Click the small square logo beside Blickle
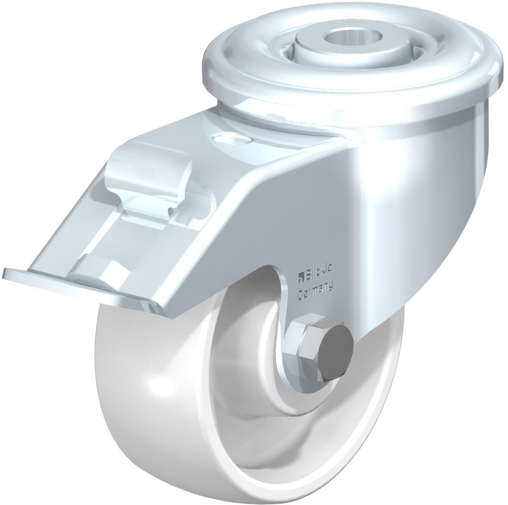pyautogui.click(x=300, y=276)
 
